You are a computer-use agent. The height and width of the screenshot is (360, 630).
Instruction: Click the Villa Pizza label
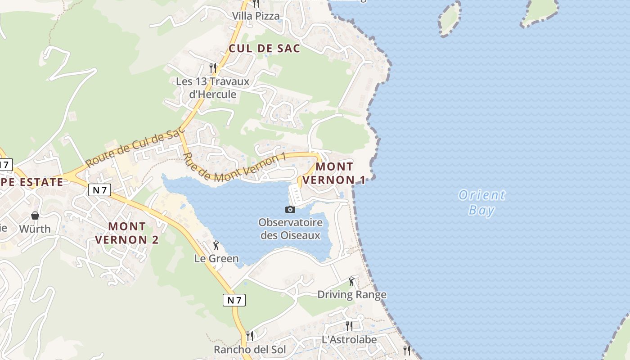coord(256,16)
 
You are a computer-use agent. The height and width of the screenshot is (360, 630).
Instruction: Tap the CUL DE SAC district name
coord(264,49)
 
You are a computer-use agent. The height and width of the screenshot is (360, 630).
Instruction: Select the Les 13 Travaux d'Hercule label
coord(212,88)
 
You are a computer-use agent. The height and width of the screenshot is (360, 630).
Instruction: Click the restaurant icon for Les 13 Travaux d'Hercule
coord(213,68)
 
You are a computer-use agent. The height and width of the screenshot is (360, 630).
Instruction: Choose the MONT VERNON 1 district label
coord(333,173)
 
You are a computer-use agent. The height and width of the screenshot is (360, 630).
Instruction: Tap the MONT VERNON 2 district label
coord(127,233)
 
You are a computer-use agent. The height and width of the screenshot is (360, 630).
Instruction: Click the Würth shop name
coord(35,229)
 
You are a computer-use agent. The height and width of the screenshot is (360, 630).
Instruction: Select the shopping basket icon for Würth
coord(35,216)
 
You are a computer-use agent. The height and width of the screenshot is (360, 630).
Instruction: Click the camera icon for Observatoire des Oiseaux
coord(290,209)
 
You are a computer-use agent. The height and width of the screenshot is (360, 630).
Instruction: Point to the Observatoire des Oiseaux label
coord(290,229)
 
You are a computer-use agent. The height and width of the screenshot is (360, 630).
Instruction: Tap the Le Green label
coord(216,258)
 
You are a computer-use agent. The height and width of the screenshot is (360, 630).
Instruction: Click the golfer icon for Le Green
coord(216,245)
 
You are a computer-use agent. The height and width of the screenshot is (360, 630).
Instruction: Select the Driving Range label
coord(352,295)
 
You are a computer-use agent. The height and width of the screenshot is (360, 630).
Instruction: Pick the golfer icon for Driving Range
coord(352,282)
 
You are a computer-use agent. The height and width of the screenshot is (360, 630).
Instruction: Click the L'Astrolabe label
coord(349,339)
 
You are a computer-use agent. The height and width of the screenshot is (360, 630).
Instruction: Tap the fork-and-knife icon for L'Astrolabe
coord(349,326)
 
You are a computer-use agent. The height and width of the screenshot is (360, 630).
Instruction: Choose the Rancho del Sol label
coord(250,350)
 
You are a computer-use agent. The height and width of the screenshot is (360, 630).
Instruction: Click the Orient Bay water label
coord(481,202)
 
